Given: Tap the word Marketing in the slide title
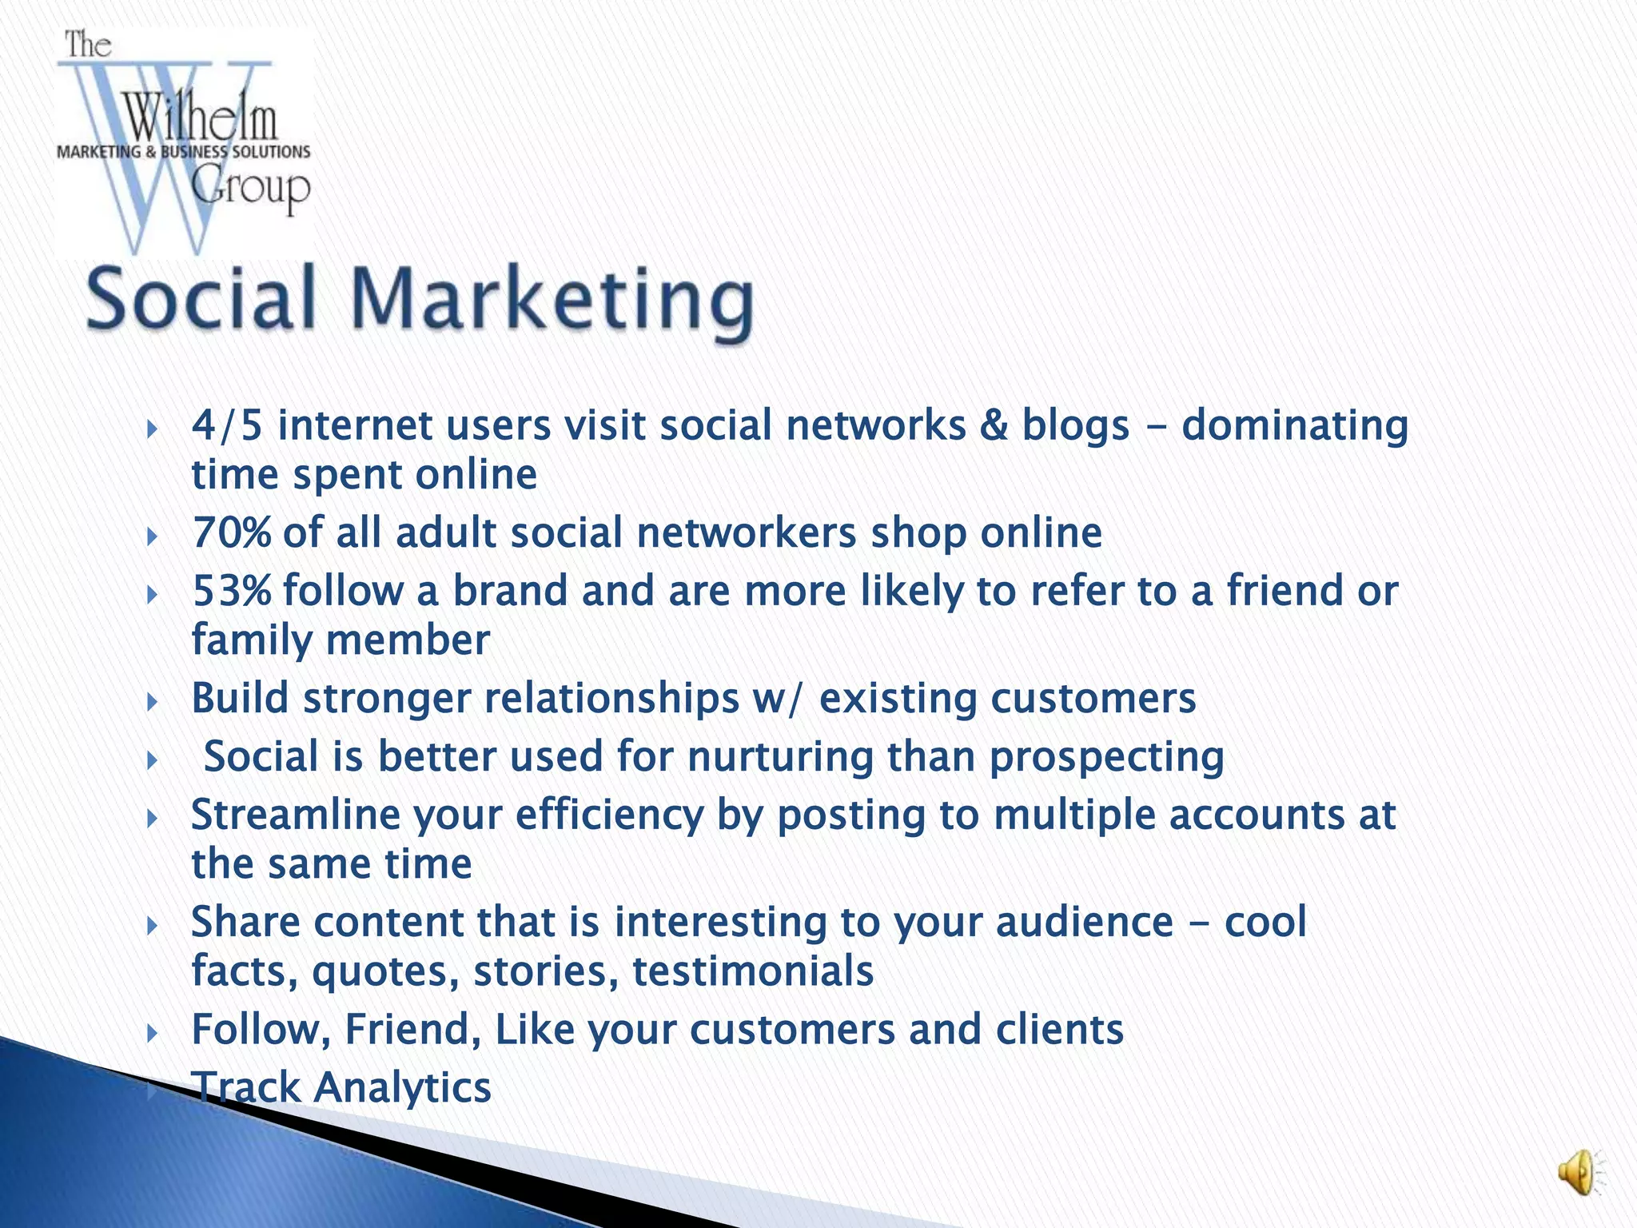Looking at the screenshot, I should (552, 301).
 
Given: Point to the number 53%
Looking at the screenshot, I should (232, 592).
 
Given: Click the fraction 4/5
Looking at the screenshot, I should (227, 425).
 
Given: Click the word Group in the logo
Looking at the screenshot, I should (250, 188).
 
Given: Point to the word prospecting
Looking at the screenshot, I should (1106, 758).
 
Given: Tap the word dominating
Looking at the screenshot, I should (1295, 426).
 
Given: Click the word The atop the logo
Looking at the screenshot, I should (87, 45).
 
